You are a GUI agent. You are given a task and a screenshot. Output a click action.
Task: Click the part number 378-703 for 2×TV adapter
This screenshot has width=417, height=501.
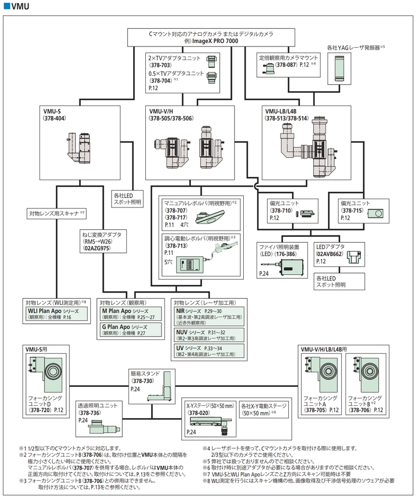[x=160, y=65]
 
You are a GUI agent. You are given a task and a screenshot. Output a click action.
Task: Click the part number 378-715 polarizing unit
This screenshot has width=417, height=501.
[x=352, y=210]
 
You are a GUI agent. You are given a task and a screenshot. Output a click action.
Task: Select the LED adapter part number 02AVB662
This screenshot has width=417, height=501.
[x=330, y=254]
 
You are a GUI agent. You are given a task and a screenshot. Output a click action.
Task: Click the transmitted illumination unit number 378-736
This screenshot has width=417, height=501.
[x=90, y=413]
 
